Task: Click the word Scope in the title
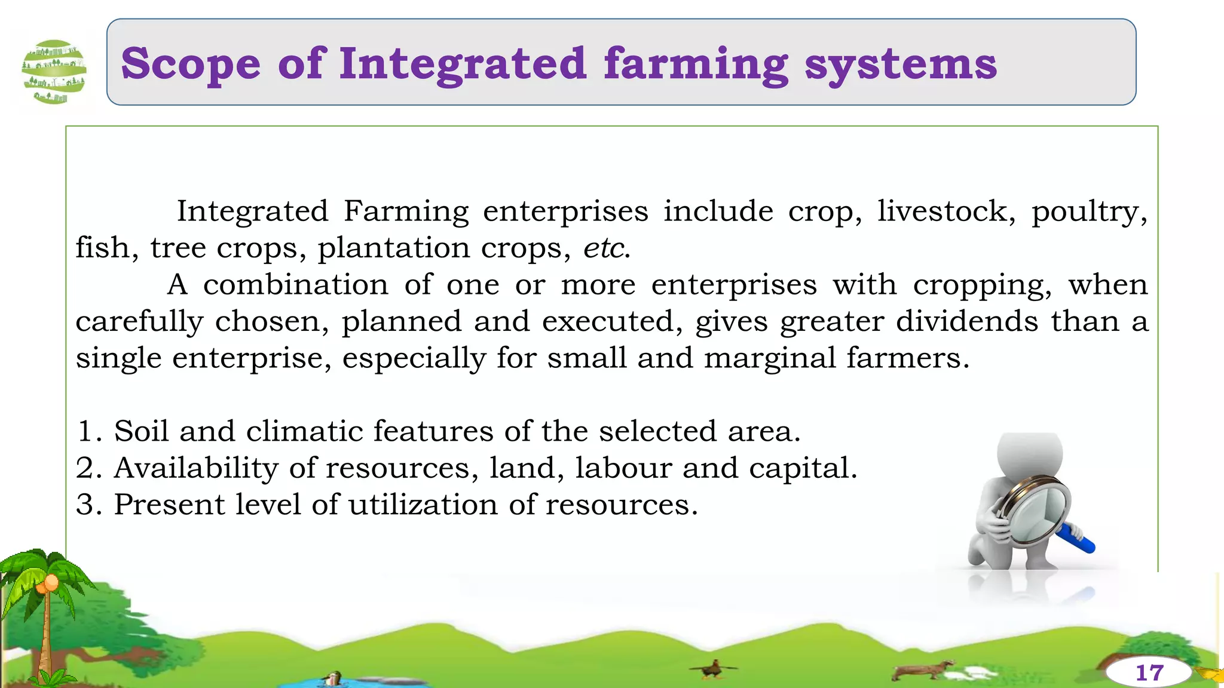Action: pos(191,64)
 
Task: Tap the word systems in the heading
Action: pos(901,64)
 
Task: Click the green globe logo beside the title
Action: pos(54,72)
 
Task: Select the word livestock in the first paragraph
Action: pos(946,211)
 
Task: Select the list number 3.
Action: pos(87,505)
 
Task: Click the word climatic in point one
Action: pos(304,431)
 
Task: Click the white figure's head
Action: pos(1030,454)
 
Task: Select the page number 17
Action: pos(1149,673)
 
